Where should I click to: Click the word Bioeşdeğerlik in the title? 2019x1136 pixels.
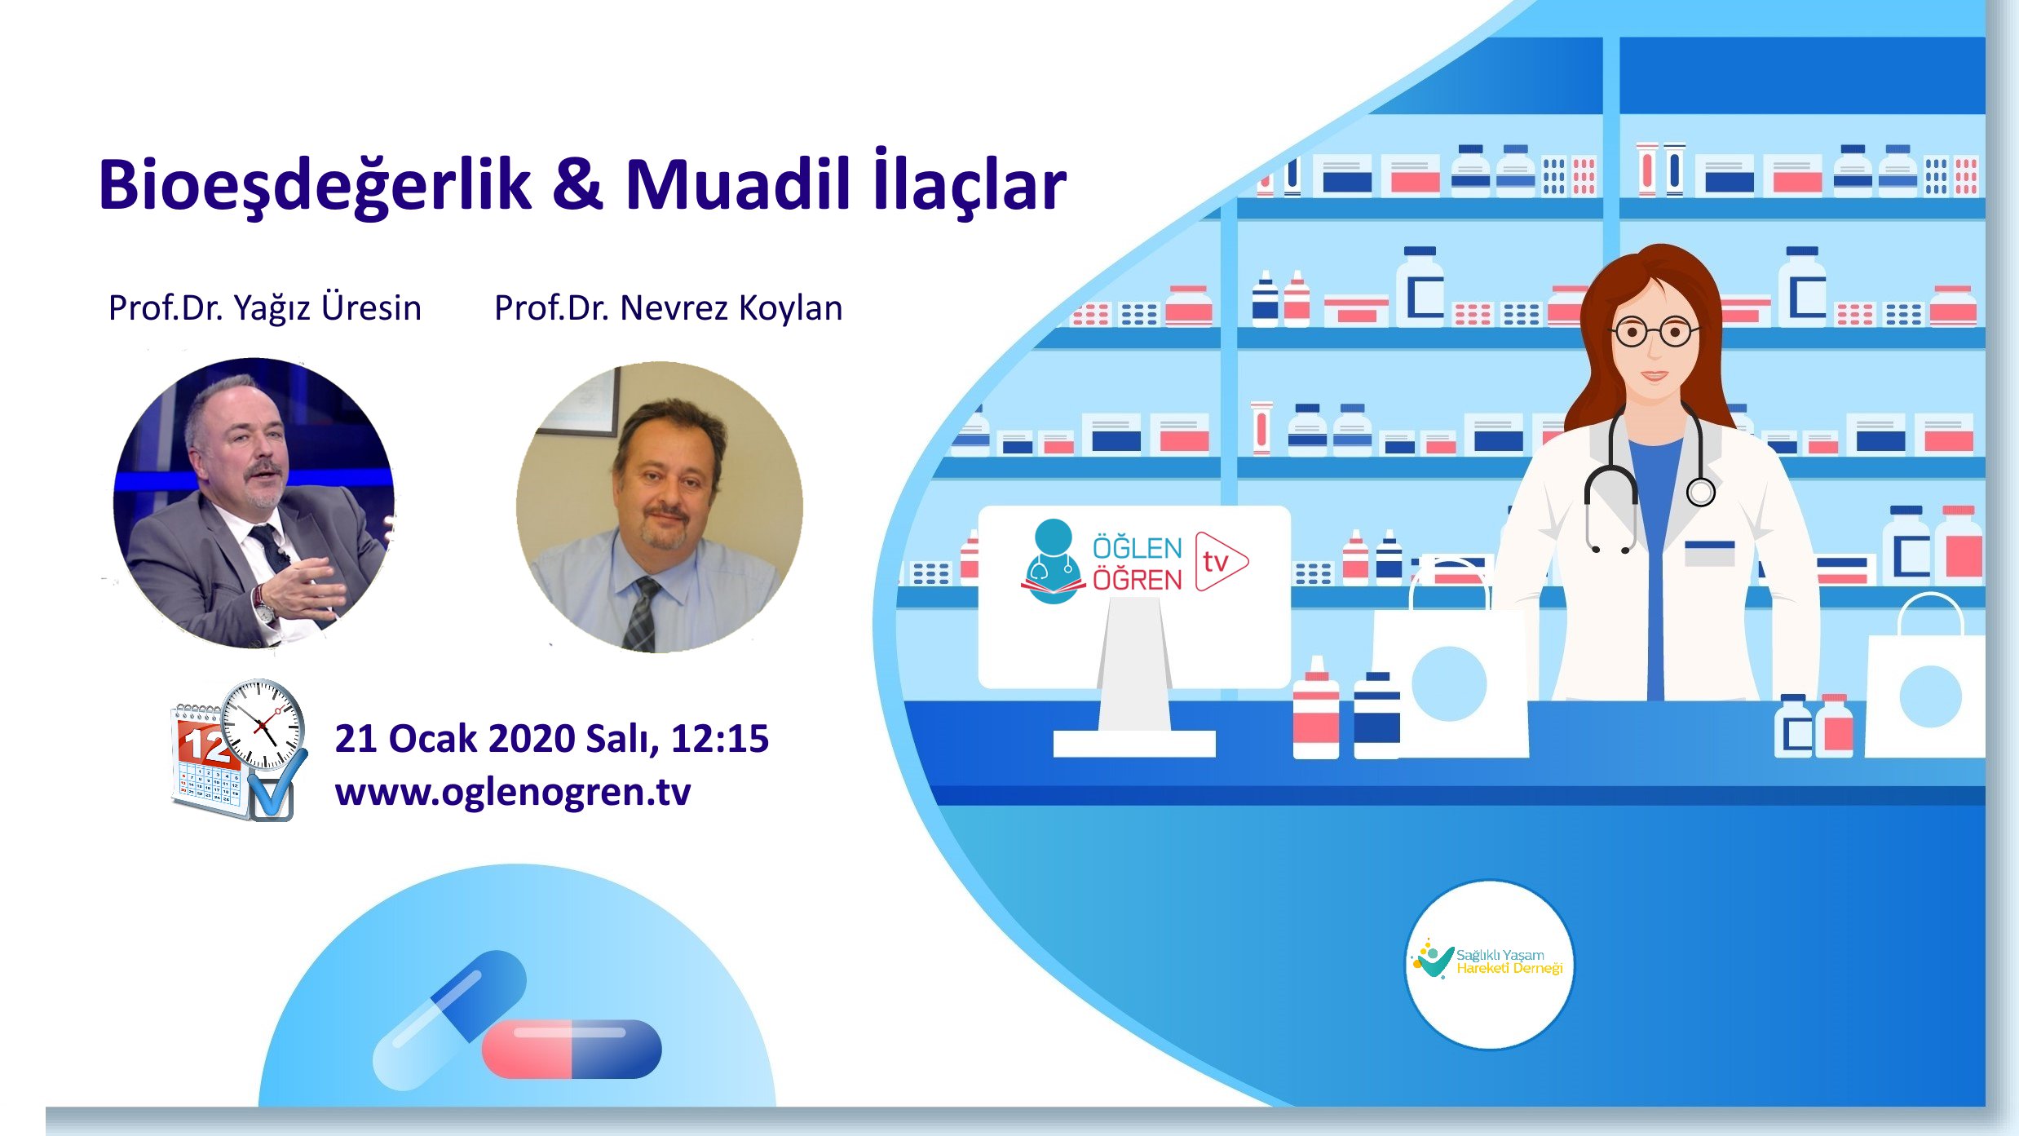point(314,186)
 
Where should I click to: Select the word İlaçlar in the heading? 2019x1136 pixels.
point(969,184)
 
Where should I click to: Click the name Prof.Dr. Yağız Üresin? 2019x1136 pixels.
point(264,308)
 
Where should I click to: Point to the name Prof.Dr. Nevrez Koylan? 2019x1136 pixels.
point(668,308)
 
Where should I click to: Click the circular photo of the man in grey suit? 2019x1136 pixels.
point(254,503)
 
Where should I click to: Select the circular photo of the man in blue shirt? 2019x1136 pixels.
point(659,507)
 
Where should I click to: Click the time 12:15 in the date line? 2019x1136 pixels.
point(719,739)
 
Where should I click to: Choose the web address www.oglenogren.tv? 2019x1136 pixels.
point(512,792)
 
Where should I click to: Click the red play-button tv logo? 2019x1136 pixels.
point(1220,561)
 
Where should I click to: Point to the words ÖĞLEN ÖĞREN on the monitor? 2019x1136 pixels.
point(1137,564)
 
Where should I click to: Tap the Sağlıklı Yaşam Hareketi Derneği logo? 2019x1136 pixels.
point(1489,963)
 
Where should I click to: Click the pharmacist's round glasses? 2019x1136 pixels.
point(1653,332)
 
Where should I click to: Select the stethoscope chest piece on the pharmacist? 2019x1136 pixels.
point(1700,492)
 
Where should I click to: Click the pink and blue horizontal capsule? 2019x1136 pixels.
point(572,1049)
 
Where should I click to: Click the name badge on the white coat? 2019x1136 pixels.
point(1709,552)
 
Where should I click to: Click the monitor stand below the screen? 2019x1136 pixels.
point(1134,677)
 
